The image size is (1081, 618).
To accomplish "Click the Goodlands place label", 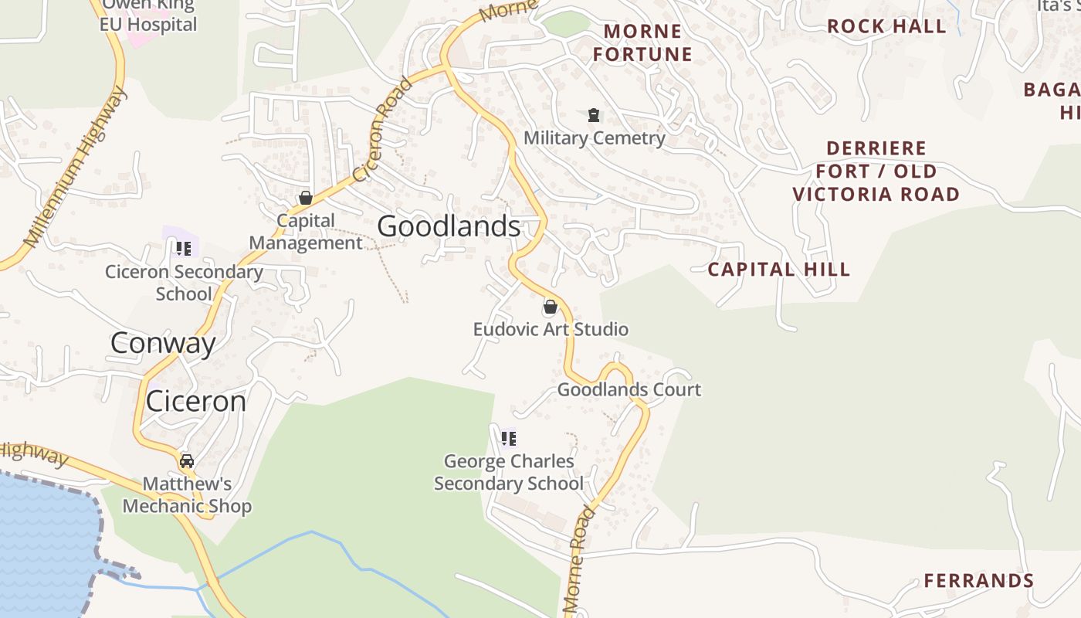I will point(449,226).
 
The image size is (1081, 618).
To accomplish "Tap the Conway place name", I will point(163,343).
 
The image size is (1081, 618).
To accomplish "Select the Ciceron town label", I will point(196,402).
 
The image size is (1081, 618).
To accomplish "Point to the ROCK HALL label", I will point(886,26).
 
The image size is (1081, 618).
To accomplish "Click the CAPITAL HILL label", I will point(778,270).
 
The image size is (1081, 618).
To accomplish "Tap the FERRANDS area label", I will point(978,581).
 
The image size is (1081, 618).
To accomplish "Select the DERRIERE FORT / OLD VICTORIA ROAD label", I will point(876,171).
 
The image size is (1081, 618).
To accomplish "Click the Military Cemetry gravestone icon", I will point(593,116).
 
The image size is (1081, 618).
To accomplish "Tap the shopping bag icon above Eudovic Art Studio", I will point(550,307).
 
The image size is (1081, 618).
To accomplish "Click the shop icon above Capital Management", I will point(305,198).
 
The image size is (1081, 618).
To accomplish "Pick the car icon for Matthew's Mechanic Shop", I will point(186,461).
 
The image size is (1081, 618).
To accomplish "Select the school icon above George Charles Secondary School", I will point(508,439).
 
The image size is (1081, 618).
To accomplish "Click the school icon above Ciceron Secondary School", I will point(183,248).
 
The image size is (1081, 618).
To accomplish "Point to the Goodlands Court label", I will point(629,389).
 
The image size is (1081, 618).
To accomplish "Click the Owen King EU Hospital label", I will point(148,15).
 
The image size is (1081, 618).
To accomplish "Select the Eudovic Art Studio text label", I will point(550,329).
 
